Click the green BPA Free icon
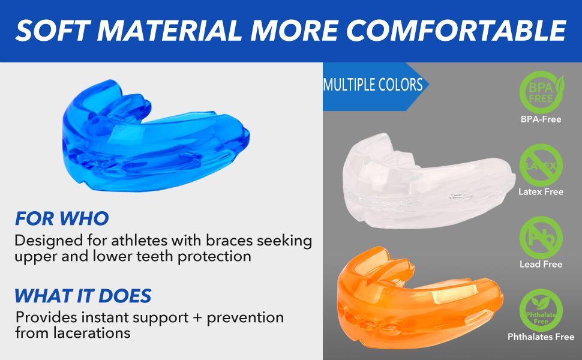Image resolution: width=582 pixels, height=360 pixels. pyautogui.click(x=541, y=90)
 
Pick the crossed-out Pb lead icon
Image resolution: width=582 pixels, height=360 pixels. pyautogui.click(x=541, y=235)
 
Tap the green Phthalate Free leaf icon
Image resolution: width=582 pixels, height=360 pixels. pyautogui.click(x=541, y=309)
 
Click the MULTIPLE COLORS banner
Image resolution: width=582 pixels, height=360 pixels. pyautogui.click(x=373, y=85)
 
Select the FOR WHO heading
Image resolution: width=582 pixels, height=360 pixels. pyautogui.click(x=62, y=218)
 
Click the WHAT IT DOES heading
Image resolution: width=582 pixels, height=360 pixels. pyautogui.click(x=82, y=295)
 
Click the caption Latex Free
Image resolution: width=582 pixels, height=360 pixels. pyautogui.click(x=541, y=192)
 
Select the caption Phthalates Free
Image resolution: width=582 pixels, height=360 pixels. pyautogui.click(x=541, y=337)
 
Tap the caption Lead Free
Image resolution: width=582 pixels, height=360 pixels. pyautogui.click(x=541, y=264)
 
